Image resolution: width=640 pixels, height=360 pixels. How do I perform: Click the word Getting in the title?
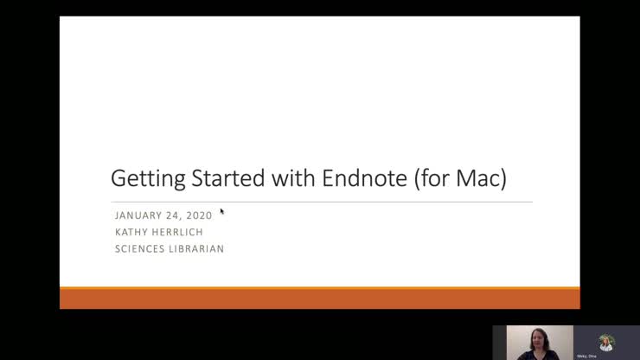[147, 180]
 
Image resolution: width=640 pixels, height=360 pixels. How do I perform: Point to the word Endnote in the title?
[362, 179]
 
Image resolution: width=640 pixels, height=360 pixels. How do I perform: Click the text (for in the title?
[432, 179]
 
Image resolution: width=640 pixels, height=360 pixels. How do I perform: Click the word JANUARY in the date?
[140, 215]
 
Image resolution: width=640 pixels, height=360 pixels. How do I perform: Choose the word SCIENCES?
[142, 249]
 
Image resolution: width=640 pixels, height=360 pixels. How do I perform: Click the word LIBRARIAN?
[200, 249]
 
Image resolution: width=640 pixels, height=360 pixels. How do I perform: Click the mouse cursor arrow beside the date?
[221, 211]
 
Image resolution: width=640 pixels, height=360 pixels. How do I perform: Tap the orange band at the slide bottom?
[319, 299]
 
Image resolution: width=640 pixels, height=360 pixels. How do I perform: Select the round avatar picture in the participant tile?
[605, 341]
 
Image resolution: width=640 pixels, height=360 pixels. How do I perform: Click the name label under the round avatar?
[587, 356]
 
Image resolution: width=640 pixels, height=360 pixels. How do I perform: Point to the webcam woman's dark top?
[531, 355]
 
